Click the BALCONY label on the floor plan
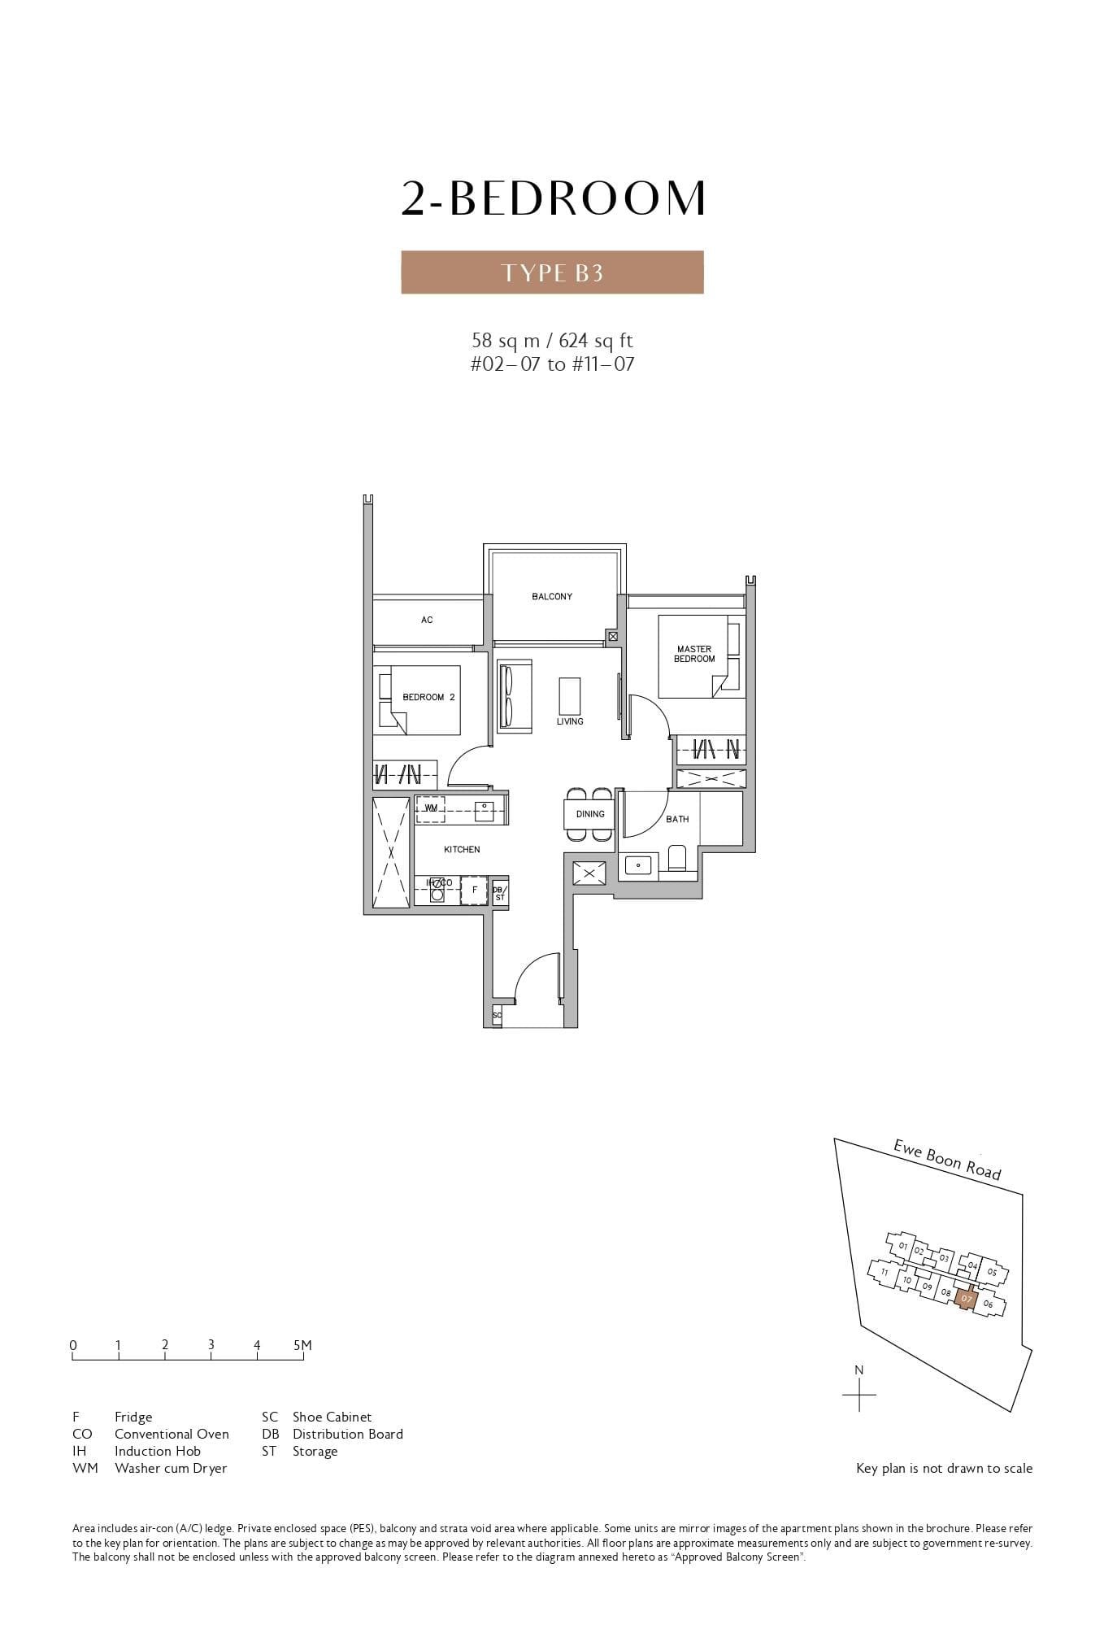coord(552,597)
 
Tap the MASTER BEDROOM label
coord(694,654)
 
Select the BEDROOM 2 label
coord(428,697)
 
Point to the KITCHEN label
coord(462,850)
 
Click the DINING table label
coord(590,814)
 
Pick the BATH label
coord(677,819)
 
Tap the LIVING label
coord(570,721)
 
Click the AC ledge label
coord(427,620)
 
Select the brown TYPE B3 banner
coord(552,272)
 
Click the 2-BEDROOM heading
coord(553,198)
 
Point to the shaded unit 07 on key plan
coord(965,1299)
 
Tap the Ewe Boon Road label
coord(947,1159)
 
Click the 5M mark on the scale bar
coord(302,1345)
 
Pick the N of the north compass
coord(859,1370)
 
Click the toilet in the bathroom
coord(677,858)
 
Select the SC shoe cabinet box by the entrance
coord(497,1015)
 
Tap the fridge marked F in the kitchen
coord(474,890)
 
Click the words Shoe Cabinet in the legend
coord(332,1417)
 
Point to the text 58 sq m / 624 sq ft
coord(552,340)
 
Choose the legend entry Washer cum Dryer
coord(171,1468)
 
